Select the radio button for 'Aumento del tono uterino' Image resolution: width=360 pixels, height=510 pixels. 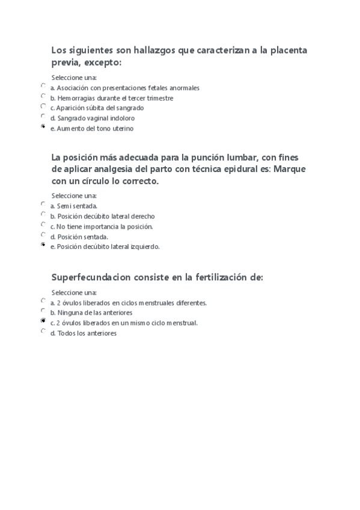pyautogui.click(x=43, y=126)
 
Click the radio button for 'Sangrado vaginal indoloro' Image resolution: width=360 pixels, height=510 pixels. pyautogui.click(x=43, y=116)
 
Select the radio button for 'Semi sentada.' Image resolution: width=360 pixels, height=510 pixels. pyautogui.click(x=43, y=204)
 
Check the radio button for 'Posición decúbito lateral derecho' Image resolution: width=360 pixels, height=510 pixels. pyautogui.click(x=43, y=214)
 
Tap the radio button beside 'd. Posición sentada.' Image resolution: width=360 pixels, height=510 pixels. pyautogui.click(x=43, y=235)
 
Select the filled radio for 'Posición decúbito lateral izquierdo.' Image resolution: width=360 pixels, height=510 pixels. pyautogui.click(x=43, y=245)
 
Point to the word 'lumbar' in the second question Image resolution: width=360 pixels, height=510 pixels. pyautogui.click(x=241, y=158)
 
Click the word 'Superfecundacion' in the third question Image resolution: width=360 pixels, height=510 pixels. pyautogui.click(x=88, y=277)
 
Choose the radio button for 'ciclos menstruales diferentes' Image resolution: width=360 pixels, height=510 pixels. pyautogui.click(x=43, y=301)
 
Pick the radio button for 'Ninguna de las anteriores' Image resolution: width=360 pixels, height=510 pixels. pyautogui.click(x=43, y=311)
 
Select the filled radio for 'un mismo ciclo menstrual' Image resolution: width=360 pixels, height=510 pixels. pyautogui.click(x=43, y=321)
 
